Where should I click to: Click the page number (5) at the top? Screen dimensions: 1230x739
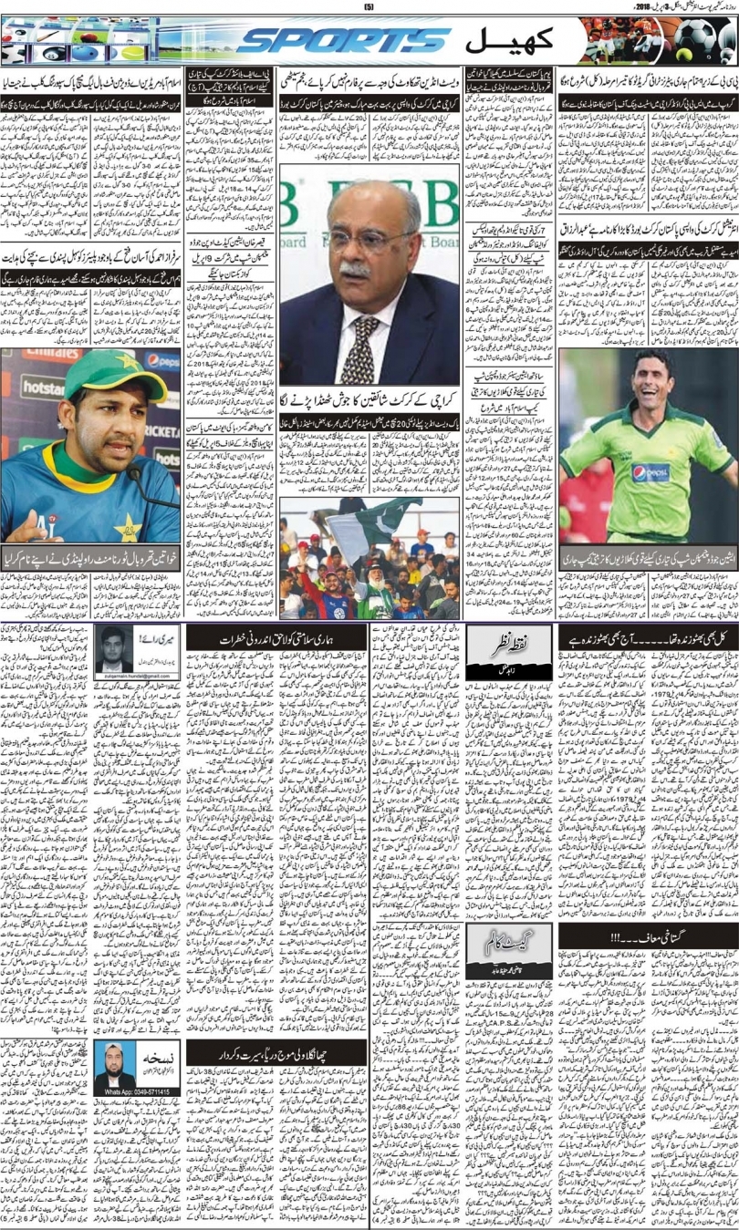point(369,8)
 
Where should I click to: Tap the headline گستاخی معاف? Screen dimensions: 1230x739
point(648,937)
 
